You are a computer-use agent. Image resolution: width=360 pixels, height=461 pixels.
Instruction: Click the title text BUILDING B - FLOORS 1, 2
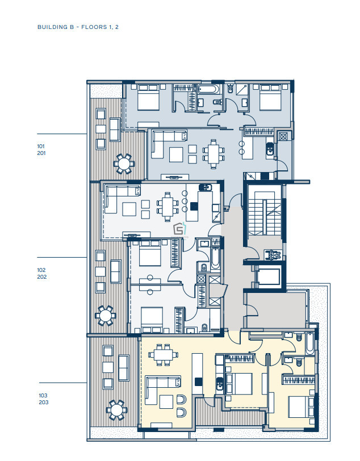[x=78, y=27]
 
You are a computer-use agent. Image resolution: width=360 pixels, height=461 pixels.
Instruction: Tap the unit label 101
[x=41, y=146]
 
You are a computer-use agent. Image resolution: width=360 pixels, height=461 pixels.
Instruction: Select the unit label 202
[x=42, y=276]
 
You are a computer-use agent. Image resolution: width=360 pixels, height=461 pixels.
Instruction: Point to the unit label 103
[x=43, y=396]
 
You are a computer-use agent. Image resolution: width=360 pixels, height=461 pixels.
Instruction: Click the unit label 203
[x=44, y=402]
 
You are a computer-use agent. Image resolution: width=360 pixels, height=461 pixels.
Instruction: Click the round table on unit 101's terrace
[x=124, y=164]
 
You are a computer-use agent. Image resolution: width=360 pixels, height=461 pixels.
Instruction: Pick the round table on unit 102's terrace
[x=105, y=316]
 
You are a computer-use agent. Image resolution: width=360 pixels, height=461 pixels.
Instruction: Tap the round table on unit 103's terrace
[x=116, y=409]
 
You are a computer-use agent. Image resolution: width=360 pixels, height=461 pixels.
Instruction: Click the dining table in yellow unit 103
[x=163, y=355]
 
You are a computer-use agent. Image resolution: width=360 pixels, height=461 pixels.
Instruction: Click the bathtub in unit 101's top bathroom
[x=209, y=89]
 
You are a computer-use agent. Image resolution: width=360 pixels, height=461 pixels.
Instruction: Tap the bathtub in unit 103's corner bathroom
[x=310, y=343]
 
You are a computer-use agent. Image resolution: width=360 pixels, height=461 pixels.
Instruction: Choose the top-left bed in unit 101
[x=149, y=97]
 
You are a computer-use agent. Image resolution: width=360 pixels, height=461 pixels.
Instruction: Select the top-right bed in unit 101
[x=270, y=97]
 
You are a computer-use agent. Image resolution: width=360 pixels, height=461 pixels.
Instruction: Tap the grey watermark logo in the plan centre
[x=179, y=229]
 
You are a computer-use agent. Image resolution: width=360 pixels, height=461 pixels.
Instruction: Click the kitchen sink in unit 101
[x=270, y=149]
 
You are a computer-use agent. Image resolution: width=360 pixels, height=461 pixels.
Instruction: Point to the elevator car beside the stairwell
[x=267, y=277]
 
